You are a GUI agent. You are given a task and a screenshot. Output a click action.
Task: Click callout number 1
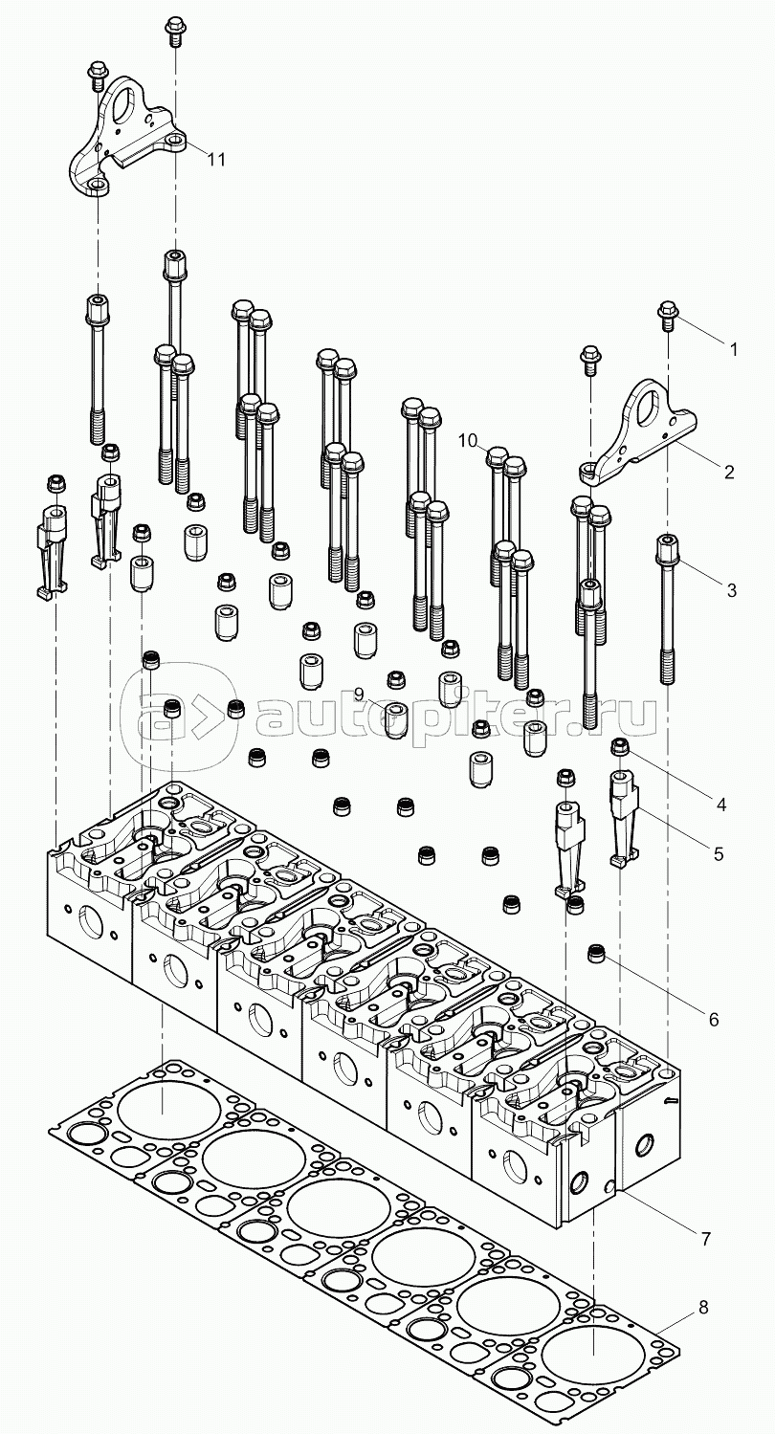click(x=733, y=349)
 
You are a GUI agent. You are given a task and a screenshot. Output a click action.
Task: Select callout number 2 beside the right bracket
click(x=729, y=471)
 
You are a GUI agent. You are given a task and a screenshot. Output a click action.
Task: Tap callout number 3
click(x=732, y=590)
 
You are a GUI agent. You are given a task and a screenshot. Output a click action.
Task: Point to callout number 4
click(x=720, y=805)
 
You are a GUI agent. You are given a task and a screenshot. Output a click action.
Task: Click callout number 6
click(x=714, y=1020)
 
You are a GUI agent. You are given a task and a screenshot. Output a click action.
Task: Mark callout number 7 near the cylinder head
click(x=705, y=1239)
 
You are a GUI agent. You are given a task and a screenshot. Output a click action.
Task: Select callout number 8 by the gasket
click(x=703, y=1308)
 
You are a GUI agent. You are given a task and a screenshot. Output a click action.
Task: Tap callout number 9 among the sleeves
click(x=359, y=694)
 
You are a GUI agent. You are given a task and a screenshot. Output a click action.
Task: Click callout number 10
click(x=467, y=440)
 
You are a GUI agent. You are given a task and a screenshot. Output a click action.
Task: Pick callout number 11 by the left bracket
click(x=217, y=159)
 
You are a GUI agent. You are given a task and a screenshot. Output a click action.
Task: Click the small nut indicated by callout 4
click(x=619, y=748)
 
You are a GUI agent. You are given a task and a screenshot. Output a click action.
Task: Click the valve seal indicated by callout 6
click(x=598, y=954)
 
